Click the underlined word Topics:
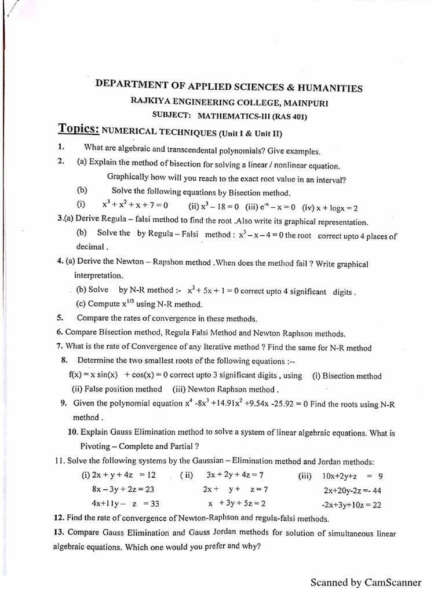coord(78,129)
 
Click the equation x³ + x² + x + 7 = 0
coord(135,206)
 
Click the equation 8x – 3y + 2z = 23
coord(119,489)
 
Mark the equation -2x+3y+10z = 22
coord(352,504)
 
